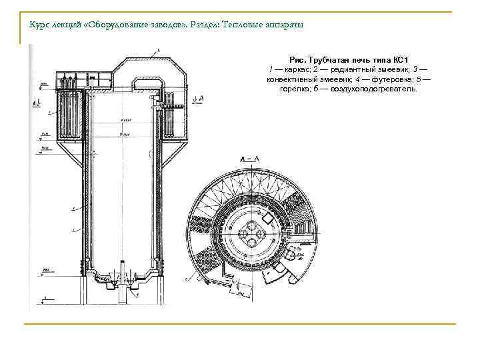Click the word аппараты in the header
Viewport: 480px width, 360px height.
click(286, 25)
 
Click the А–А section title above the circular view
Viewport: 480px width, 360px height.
click(248, 159)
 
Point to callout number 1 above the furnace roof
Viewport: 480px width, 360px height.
click(157, 51)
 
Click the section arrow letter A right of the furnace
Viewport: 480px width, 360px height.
click(201, 98)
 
